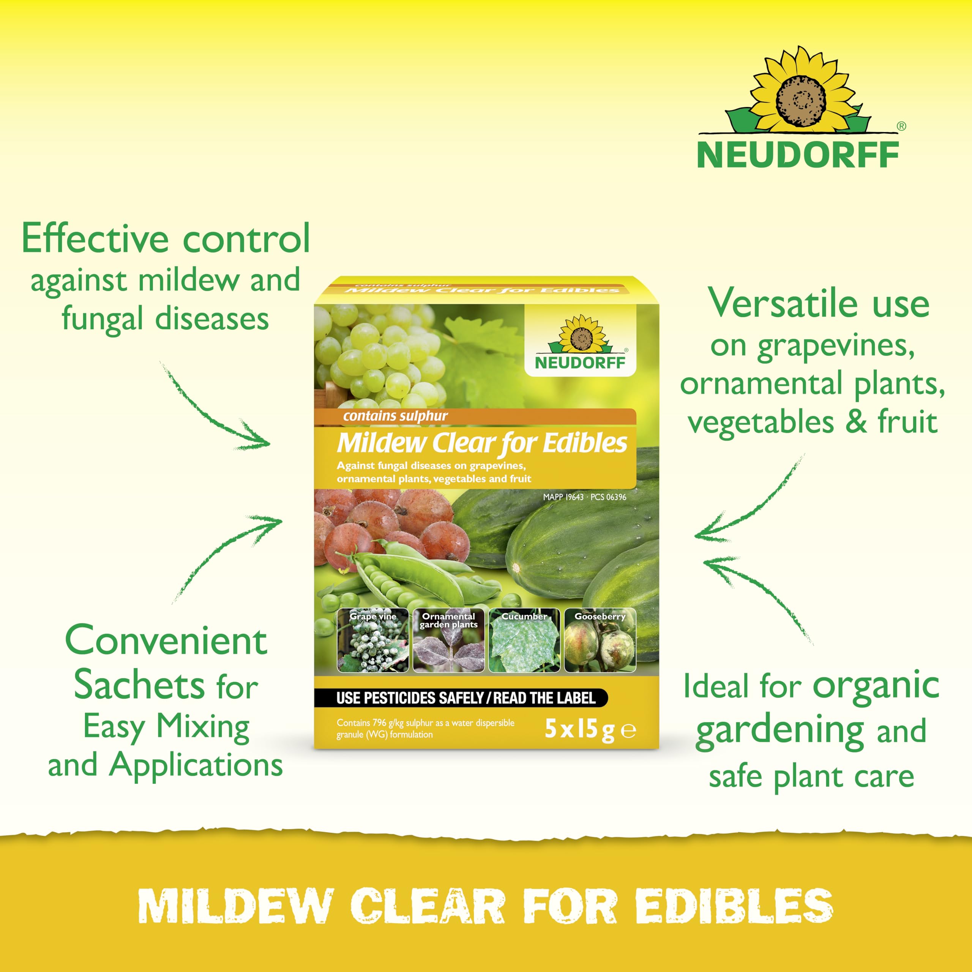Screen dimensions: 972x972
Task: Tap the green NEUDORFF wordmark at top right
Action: (x=798, y=155)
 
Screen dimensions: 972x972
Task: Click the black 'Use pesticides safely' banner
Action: (x=461, y=698)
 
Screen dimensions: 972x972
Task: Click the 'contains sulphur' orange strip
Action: (x=475, y=417)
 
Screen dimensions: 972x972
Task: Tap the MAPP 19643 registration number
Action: (x=563, y=497)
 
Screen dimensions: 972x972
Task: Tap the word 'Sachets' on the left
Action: (x=139, y=685)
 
